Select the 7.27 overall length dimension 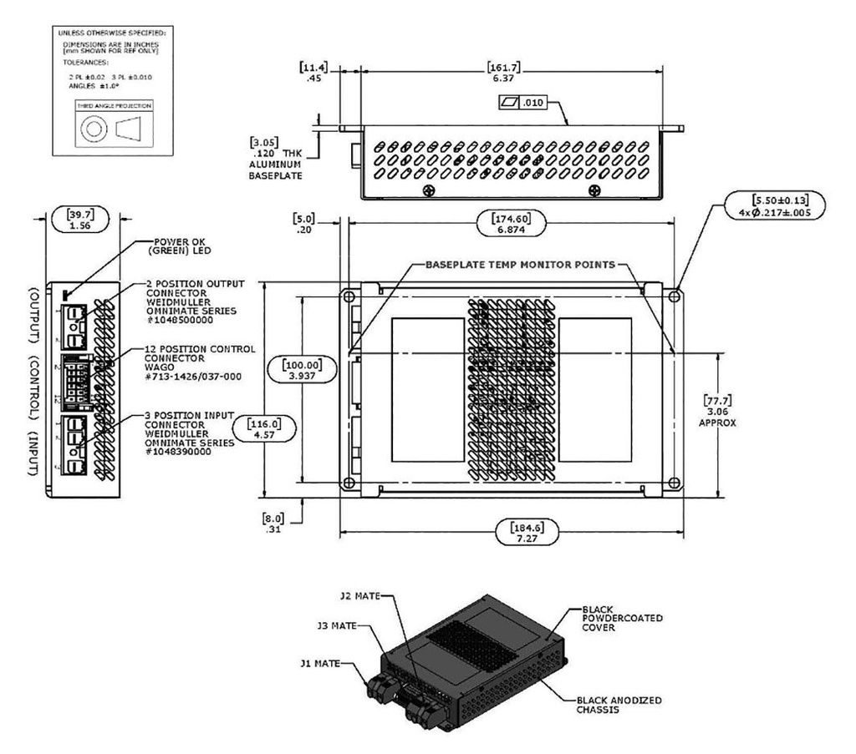[x=527, y=538]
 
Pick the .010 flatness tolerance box [x=521, y=105]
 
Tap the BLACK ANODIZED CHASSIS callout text [x=608, y=704]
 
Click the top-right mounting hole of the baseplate [x=675, y=296]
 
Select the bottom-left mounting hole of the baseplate [x=349, y=483]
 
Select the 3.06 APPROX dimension [x=725, y=412]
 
